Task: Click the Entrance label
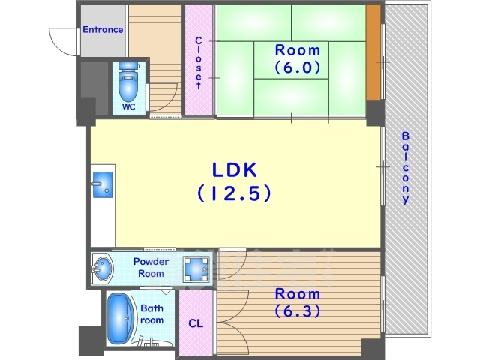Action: pyautogui.click(x=103, y=30)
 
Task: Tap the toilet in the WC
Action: pyautogui.click(x=128, y=82)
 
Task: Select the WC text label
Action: pyautogui.click(x=128, y=106)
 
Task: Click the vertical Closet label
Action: pyautogui.click(x=198, y=62)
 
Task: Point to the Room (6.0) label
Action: pyautogui.click(x=298, y=58)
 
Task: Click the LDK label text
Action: pyautogui.click(x=235, y=170)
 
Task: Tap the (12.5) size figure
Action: pyautogui.click(x=235, y=193)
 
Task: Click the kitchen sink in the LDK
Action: pyautogui.click(x=102, y=184)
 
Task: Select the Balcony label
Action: pyautogui.click(x=405, y=168)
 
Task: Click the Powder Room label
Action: pyautogui.click(x=151, y=267)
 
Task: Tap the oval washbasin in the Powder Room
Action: pyautogui.click(x=103, y=268)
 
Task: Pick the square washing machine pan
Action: pyautogui.click(x=196, y=269)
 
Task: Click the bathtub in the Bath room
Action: pyautogui.click(x=120, y=318)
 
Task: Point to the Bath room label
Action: pyautogui.click(x=151, y=313)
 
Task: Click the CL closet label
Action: pyautogui.click(x=196, y=323)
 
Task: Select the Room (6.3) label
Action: pyautogui.click(x=298, y=302)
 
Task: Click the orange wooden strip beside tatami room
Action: pyautogui.click(x=373, y=52)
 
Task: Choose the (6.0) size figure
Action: pyautogui.click(x=298, y=67)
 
